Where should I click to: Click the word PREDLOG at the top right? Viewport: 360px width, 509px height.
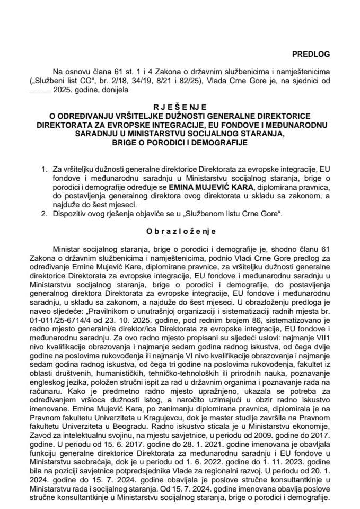tap(314, 54)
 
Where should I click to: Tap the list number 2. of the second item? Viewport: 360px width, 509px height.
tap(44, 213)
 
